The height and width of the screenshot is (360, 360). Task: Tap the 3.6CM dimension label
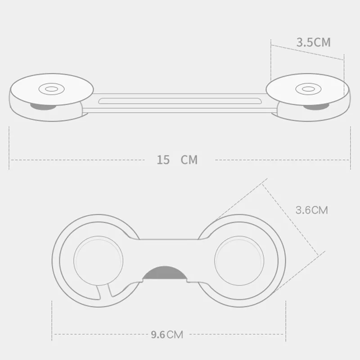(x=311, y=210)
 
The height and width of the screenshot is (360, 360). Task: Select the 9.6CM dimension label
(x=167, y=334)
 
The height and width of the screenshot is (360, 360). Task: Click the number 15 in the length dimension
(x=163, y=160)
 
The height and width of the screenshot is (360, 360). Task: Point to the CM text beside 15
(x=189, y=160)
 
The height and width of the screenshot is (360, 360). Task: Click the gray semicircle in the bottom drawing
(x=165, y=274)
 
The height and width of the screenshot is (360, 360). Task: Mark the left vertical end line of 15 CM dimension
(x=9, y=148)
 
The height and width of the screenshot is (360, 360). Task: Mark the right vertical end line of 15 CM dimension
(x=350, y=148)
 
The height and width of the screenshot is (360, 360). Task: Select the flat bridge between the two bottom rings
(x=169, y=252)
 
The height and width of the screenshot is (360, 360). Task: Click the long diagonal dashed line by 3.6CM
(x=292, y=216)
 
